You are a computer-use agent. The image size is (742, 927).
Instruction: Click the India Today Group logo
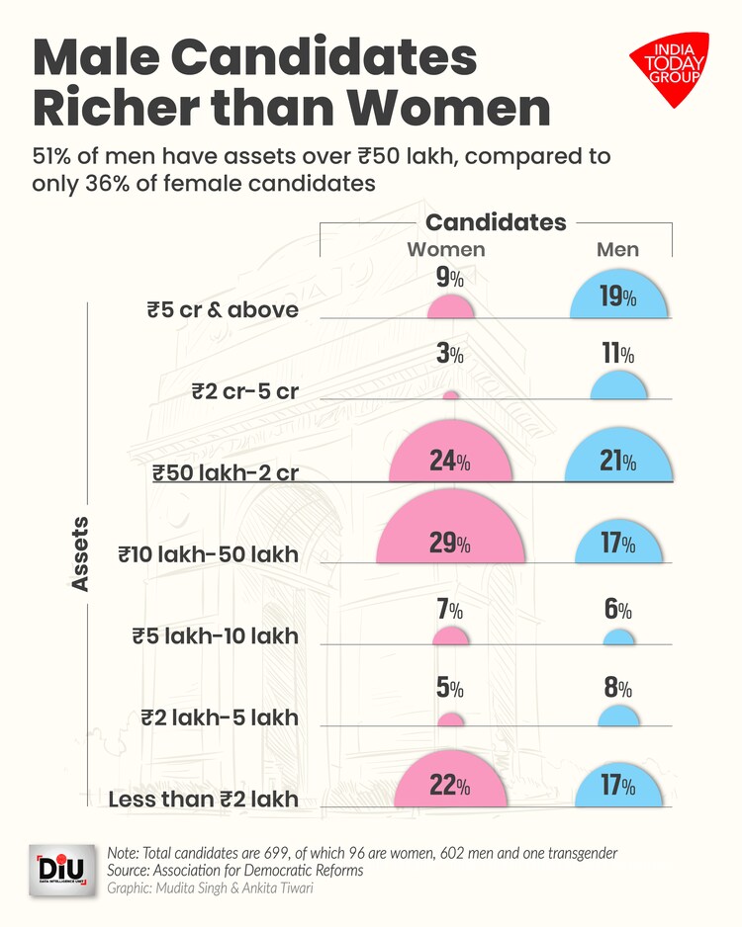click(669, 67)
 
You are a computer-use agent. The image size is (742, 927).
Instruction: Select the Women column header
click(446, 250)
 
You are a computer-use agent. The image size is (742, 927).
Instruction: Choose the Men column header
click(617, 250)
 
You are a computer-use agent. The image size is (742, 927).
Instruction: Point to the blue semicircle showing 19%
click(618, 297)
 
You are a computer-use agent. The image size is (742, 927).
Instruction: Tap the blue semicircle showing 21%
click(618, 459)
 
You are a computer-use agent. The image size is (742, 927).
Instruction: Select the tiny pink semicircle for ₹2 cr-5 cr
click(450, 395)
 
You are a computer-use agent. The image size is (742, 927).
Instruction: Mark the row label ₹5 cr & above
click(223, 310)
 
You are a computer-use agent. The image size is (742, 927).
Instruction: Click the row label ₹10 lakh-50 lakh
click(208, 554)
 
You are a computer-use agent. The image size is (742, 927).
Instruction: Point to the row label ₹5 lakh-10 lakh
click(215, 635)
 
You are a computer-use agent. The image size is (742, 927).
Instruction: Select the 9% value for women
click(450, 279)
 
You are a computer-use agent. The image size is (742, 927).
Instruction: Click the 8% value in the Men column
click(618, 688)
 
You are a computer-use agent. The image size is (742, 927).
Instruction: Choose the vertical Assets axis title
click(80, 553)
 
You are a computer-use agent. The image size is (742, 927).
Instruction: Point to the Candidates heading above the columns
click(496, 221)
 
